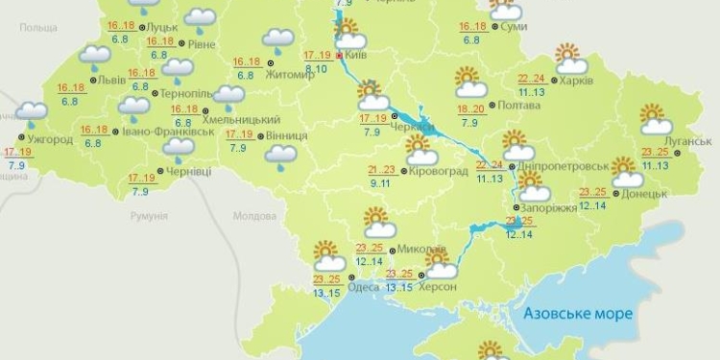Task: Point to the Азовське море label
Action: [579, 315]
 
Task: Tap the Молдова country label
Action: [254, 216]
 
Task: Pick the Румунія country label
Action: [149, 217]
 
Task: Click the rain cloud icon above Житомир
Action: [278, 39]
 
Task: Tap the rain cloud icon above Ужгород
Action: [31, 112]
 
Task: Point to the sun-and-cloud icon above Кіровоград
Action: [420, 149]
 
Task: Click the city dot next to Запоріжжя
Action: [516, 207]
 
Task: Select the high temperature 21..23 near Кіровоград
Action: [381, 169]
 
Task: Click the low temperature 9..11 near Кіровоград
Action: [380, 182]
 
